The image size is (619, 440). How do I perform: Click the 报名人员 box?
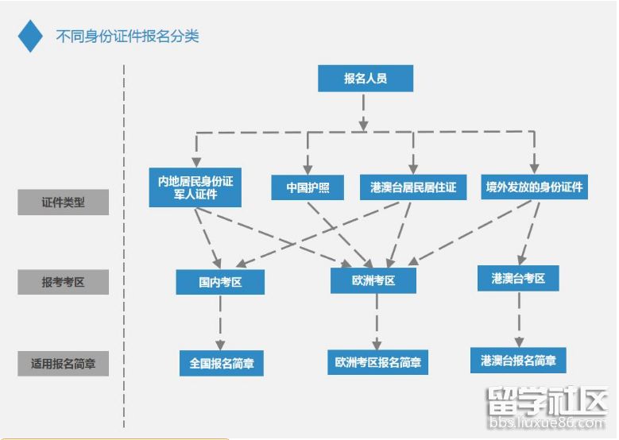365,79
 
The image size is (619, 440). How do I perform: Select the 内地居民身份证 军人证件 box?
195,187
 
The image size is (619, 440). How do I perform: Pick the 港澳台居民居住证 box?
412,187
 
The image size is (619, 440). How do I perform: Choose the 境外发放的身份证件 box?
534,187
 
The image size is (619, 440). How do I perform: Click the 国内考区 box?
219,282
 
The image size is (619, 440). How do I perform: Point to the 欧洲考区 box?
373,280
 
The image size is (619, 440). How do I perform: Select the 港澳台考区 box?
518,278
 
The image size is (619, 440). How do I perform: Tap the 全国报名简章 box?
220,363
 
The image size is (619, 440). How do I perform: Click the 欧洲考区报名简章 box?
377,362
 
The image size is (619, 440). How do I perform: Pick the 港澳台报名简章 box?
518,360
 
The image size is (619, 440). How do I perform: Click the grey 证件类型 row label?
63,203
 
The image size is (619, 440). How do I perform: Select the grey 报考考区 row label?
63,282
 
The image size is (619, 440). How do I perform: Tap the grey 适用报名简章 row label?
63,364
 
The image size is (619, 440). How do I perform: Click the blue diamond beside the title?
30,36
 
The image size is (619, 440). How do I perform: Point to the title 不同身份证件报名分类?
127,37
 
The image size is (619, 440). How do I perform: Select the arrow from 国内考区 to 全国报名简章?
220,322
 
